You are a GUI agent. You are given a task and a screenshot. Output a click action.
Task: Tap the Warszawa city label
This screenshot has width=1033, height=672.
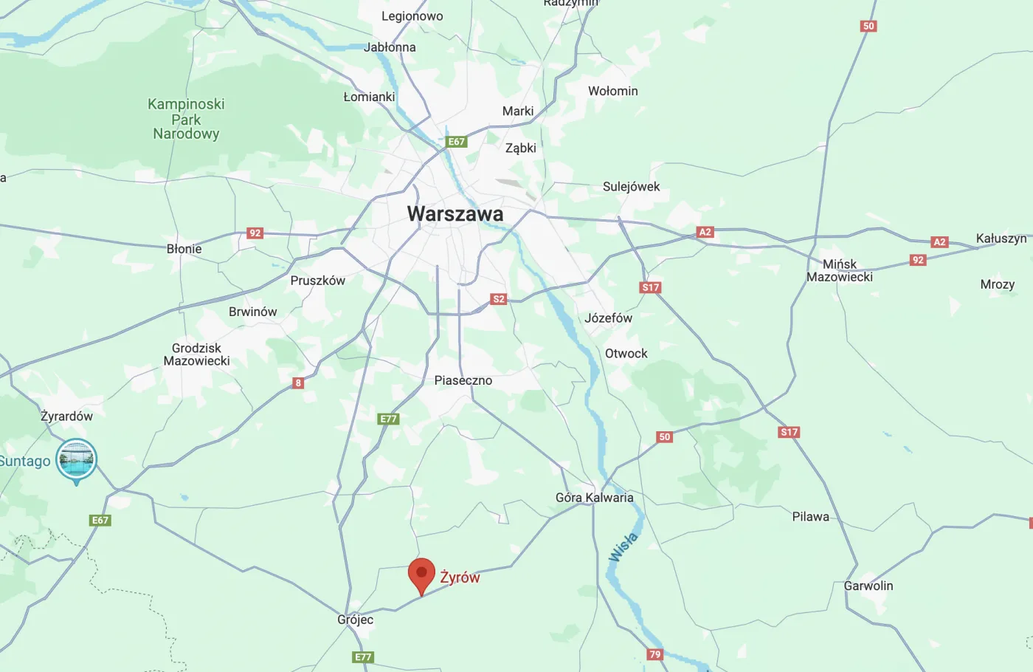(455, 214)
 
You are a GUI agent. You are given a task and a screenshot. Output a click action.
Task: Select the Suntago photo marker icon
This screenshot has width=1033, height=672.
(77, 459)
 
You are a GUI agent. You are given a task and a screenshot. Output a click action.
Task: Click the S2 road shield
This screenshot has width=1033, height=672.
(499, 299)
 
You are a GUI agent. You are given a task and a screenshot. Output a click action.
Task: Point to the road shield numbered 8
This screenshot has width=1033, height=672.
(298, 383)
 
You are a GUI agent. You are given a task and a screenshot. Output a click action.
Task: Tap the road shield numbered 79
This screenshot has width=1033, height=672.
(654, 654)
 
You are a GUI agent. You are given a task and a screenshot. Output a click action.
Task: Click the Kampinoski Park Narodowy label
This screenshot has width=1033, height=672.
(186, 119)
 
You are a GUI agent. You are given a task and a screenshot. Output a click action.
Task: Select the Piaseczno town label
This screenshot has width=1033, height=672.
(463, 380)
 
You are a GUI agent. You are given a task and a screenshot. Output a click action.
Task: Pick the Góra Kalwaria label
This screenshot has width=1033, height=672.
(594, 498)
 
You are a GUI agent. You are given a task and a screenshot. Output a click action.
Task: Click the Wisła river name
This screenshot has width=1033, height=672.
(623, 547)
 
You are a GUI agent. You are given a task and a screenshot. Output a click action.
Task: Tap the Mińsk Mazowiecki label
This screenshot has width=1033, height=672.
(840, 270)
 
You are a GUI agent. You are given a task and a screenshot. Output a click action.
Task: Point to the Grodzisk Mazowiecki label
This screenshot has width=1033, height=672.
(196, 354)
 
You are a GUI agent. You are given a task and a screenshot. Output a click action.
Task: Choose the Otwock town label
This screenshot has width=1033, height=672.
(626, 354)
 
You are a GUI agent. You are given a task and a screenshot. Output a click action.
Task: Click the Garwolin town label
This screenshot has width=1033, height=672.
(868, 586)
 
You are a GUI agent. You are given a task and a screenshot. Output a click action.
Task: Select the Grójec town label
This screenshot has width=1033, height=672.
(355, 620)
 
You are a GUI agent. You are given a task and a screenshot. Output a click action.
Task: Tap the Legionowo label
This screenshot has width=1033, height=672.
(412, 16)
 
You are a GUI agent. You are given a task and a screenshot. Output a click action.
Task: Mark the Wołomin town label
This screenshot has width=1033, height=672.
(612, 91)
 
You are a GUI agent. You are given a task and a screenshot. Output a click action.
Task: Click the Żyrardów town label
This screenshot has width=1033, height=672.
(66, 416)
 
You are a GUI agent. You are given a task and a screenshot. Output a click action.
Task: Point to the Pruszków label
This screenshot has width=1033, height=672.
(317, 281)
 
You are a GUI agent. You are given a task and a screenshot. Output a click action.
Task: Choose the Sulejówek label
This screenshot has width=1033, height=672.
(631, 187)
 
